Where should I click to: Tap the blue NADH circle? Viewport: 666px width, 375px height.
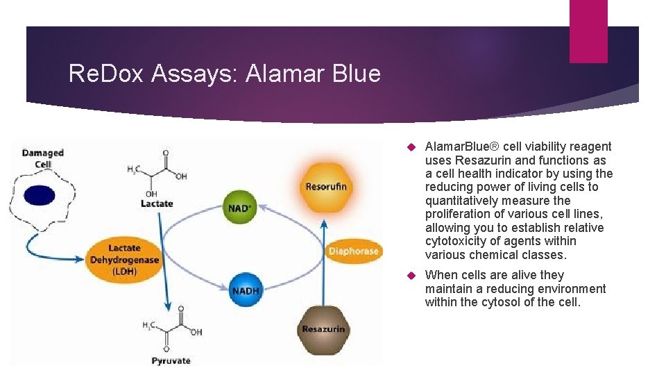pyautogui.click(x=245, y=290)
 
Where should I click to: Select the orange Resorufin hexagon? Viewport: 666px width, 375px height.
pyautogui.click(x=325, y=185)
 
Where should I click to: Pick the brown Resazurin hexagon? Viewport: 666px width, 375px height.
pyautogui.click(x=323, y=328)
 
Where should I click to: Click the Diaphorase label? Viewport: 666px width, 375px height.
pyautogui.click(x=354, y=251)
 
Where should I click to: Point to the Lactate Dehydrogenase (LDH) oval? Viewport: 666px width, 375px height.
pyautogui.click(x=124, y=260)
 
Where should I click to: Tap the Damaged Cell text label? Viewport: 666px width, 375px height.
pyautogui.click(x=42, y=158)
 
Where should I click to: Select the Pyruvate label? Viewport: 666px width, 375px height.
pyautogui.click(x=171, y=360)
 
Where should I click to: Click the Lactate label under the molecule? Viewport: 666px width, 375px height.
pyautogui.click(x=157, y=203)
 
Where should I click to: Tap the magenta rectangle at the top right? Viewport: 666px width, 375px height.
pyautogui.click(x=588, y=31)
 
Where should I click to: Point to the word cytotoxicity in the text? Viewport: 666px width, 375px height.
pyautogui.click(x=457, y=241)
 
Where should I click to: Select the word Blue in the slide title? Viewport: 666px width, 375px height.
pyautogui.click(x=355, y=74)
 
